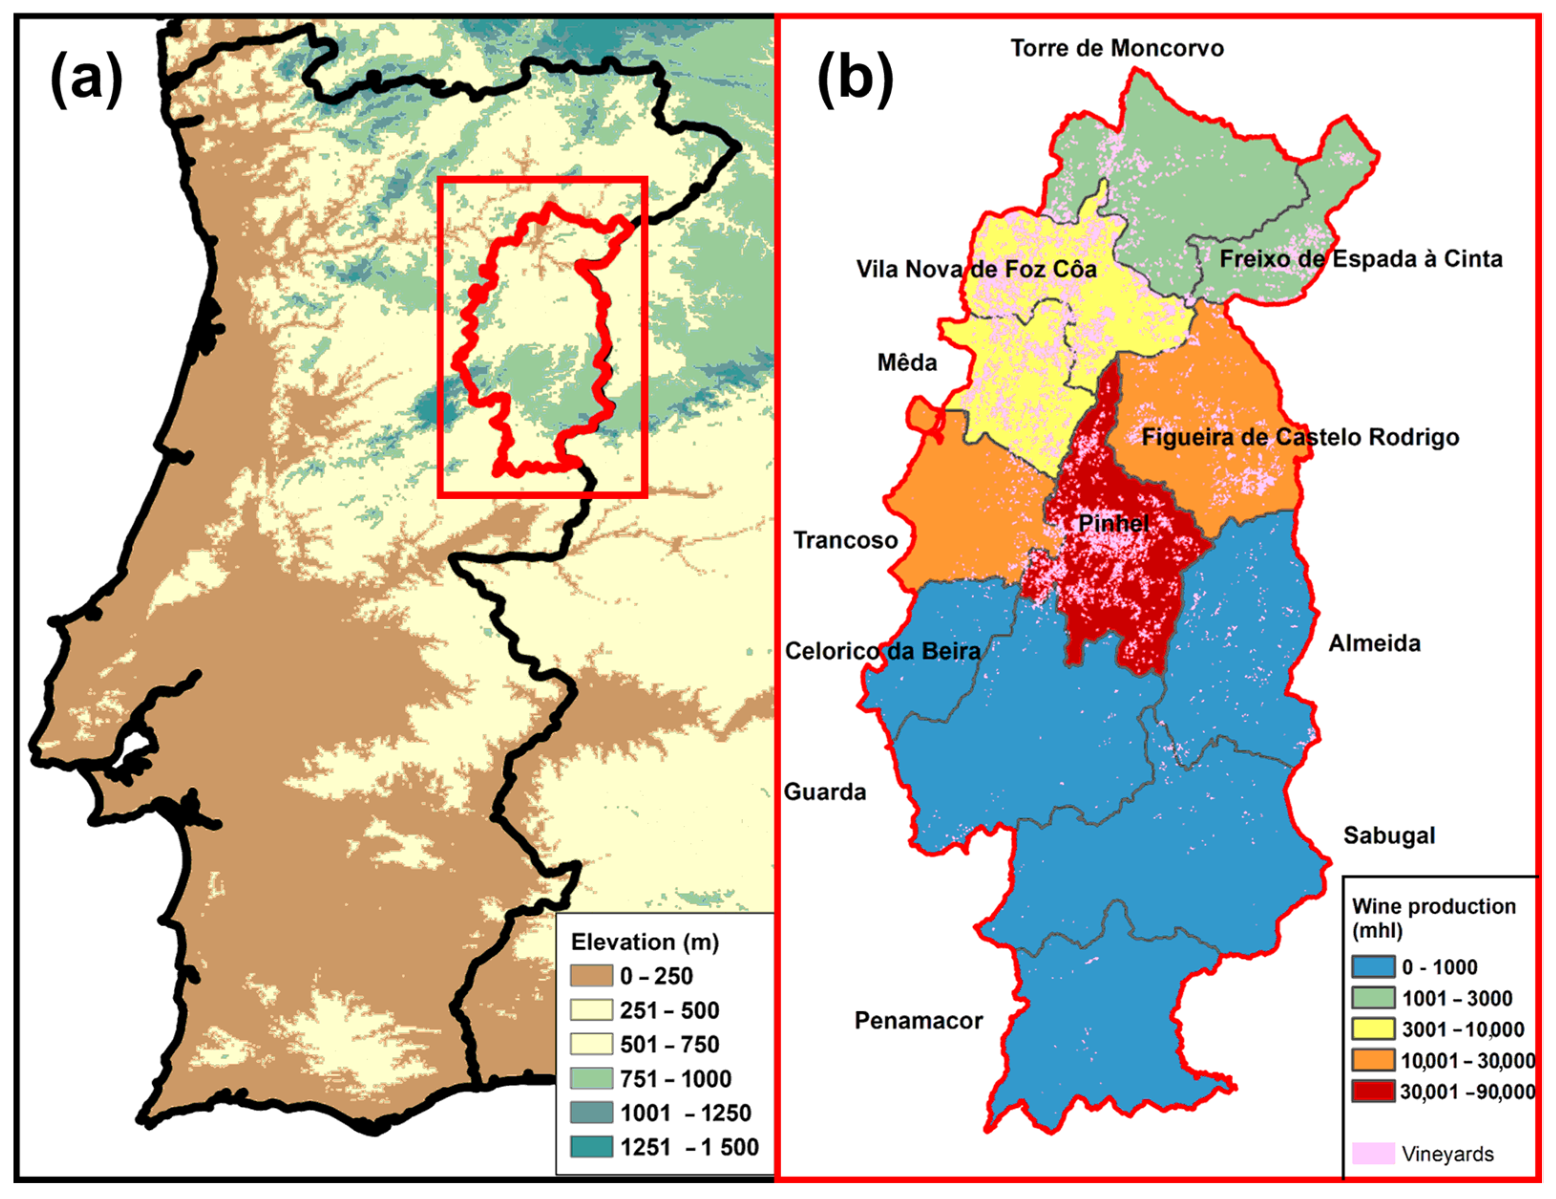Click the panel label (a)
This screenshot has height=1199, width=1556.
[x=86, y=79]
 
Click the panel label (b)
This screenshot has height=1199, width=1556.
[x=854, y=79]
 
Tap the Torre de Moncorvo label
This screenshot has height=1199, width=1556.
[x=1116, y=48]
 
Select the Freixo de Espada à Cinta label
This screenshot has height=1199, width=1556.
[x=1360, y=259]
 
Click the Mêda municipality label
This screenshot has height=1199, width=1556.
[x=906, y=363]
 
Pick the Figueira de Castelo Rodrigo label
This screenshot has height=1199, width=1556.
[x=1300, y=437]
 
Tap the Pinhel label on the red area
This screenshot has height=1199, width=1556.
[x=1113, y=523]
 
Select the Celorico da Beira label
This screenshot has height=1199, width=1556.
[x=882, y=651]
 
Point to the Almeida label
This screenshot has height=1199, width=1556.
[x=1374, y=644]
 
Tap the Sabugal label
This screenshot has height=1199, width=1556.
[x=1388, y=835]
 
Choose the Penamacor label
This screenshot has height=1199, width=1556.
[x=918, y=1021]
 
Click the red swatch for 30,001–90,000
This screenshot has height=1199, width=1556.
[x=1372, y=1092]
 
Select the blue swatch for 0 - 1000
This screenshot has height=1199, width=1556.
[x=1372, y=967]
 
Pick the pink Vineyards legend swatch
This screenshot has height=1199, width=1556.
[x=1372, y=1153]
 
